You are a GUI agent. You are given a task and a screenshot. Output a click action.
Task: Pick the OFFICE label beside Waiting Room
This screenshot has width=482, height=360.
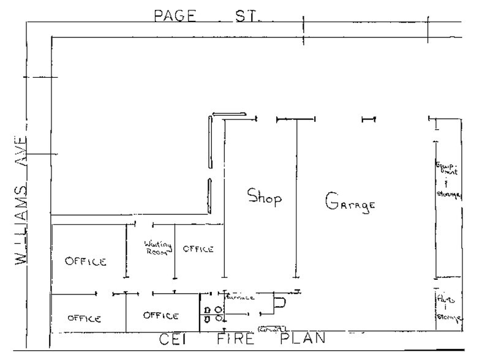pos(198,249)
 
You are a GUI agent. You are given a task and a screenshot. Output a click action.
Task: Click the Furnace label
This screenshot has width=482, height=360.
pos(240,298)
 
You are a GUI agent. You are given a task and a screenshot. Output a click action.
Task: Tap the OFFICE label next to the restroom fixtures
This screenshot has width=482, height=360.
pos(160,315)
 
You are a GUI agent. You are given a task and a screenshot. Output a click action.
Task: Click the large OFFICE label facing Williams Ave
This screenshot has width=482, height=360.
pos(86,261)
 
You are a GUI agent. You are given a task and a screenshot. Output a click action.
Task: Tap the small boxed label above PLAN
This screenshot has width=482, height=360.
pos(273,329)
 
